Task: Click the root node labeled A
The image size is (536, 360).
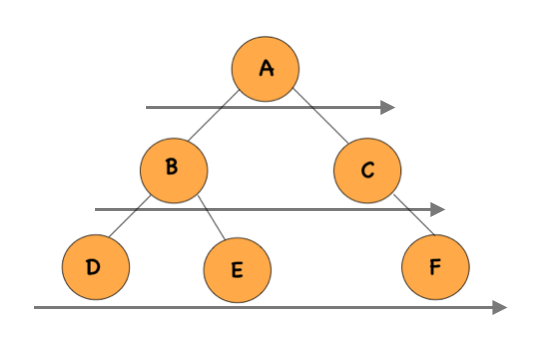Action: click(266, 69)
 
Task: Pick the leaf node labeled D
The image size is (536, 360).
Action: click(95, 268)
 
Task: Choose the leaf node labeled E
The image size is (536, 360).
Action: click(237, 270)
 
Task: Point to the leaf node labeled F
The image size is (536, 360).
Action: click(435, 268)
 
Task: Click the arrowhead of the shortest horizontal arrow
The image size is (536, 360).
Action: click(389, 106)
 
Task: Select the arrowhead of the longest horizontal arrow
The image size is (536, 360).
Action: click(500, 307)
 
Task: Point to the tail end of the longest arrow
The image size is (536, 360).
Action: click(36, 307)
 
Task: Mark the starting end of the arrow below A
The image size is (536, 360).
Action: click(148, 106)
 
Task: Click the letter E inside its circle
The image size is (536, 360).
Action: click(237, 271)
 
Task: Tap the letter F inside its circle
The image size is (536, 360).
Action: click(435, 268)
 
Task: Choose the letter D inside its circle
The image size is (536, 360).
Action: click(94, 268)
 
